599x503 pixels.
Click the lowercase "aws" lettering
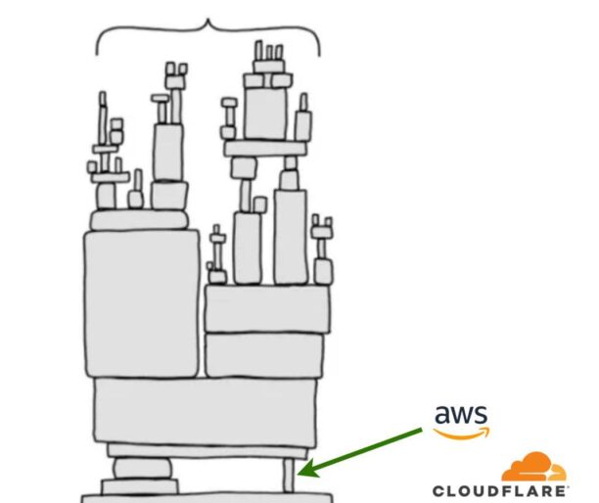(x=460, y=415)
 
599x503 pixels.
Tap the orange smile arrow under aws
(x=463, y=433)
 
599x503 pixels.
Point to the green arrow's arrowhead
(x=304, y=472)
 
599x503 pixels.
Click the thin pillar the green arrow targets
(x=288, y=476)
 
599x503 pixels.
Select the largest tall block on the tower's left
(x=143, y=302)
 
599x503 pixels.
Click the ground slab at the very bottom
(x=206, y=493)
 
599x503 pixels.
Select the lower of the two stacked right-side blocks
(x=264, y=354)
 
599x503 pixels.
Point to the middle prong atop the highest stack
(x=268, y=50)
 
